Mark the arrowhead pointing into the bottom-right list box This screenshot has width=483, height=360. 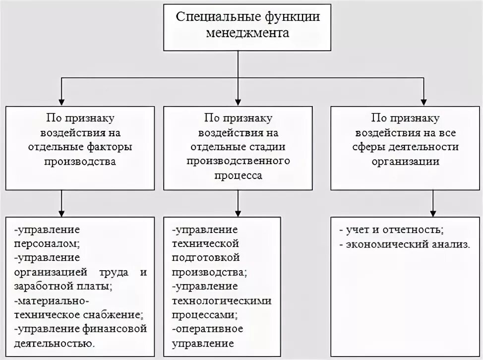434,213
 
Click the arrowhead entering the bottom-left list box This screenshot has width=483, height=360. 61,213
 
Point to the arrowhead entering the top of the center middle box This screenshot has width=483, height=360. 239,101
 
